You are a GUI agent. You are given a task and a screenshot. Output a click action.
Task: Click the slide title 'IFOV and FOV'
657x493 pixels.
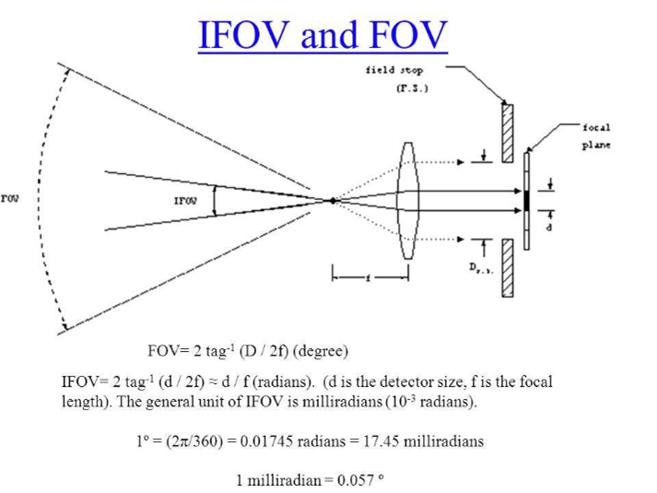[x=323, y=36]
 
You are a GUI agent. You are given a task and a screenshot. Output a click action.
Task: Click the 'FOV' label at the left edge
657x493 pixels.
[x=9, y=197]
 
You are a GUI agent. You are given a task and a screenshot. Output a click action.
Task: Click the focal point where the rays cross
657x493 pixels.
[x=334, y=200]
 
